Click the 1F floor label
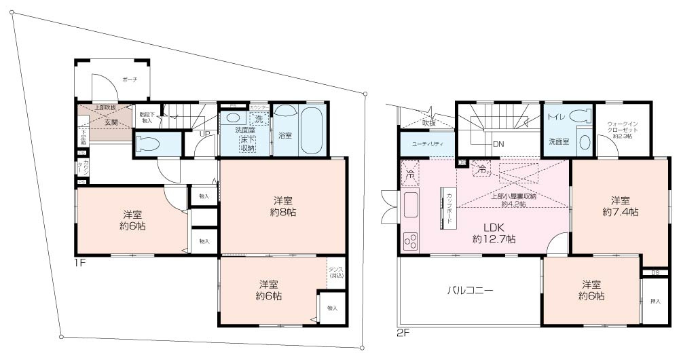80,262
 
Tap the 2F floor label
404,333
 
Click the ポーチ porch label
130,80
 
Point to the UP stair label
203,133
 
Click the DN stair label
498,144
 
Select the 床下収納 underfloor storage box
247,143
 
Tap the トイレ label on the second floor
555,116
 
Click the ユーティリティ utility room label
424,144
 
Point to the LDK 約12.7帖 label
494,233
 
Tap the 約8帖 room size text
283,213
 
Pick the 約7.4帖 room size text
620,212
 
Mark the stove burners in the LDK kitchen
411,240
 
